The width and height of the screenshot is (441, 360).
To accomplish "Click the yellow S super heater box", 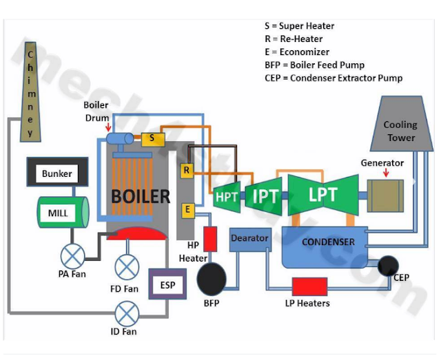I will click(x=152, y=138).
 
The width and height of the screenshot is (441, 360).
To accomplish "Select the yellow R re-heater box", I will click(x=186, y=170).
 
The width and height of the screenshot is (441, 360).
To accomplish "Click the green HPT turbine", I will click(x=226, y=196).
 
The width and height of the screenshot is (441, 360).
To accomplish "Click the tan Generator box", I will click(x=385, y=195).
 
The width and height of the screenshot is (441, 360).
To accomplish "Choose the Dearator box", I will click(x=250, y=239).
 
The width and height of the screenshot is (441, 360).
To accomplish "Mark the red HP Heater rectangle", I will click(x=210, y=237).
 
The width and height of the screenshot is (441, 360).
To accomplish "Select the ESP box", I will click(x=167, y=284).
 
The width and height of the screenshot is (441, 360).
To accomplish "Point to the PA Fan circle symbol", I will click(x=72, y=257).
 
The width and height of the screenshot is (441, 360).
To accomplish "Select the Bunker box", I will click(x=57, y=173).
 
